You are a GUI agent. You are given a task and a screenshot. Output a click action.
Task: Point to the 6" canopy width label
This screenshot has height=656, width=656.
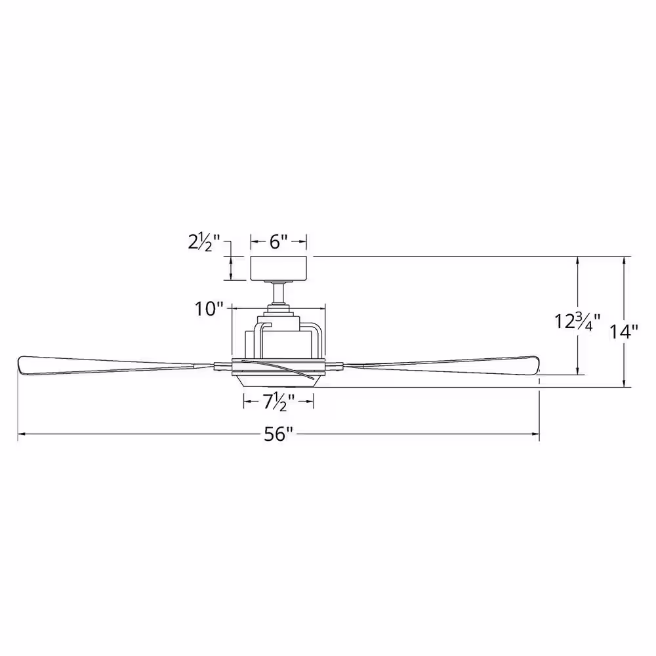[279, 241]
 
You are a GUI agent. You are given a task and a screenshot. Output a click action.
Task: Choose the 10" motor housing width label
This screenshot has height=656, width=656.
[209, 309]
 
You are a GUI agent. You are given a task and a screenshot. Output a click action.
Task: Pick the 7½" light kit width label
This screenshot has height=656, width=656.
[279, 401]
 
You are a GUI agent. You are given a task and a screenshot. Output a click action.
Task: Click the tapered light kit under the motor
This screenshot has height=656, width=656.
[279, 380]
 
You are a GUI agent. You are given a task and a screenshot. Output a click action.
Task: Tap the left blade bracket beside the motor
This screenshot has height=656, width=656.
[223, 365]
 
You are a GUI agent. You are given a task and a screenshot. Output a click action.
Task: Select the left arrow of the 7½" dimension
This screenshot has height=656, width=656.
[247, 401]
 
